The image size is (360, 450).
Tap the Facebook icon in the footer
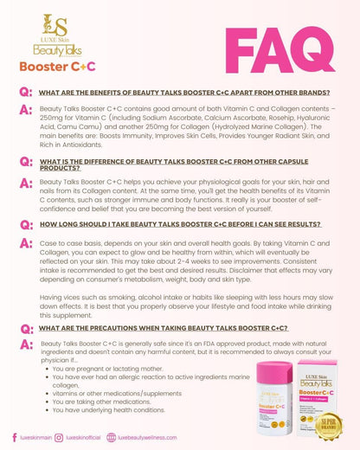tap(13, 438)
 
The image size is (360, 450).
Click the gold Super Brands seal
tap(330, 423)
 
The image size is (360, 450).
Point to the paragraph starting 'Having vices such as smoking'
tap(173, 303)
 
